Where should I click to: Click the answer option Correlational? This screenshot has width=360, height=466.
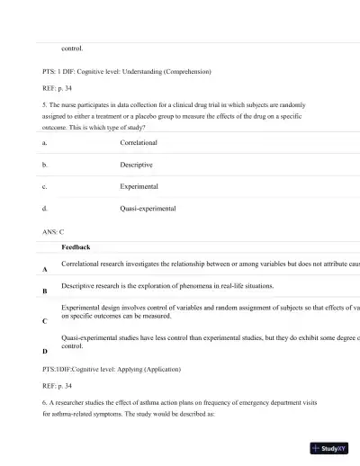(x=139, y=142)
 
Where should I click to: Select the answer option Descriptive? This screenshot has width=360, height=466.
(x=136, y=165)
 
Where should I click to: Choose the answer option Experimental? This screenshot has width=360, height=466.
(x=139, y=186)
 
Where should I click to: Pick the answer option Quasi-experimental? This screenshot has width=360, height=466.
(x=148, y=208)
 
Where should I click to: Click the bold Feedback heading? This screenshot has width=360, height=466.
(x=76, y=246)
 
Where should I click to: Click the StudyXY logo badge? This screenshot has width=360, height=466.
(x=328, y=447)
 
